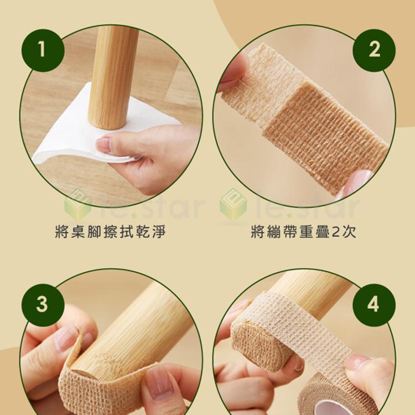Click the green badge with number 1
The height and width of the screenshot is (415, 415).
pos(41,50)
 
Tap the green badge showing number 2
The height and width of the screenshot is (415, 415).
pos(374,50)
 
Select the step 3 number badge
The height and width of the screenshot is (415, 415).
pos(41,305)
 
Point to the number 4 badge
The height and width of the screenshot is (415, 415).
pos(374,305)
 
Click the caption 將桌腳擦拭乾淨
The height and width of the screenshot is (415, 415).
pos(110,231)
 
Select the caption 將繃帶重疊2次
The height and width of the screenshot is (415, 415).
pos(303,231)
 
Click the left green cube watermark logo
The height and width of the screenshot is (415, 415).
pos(77,204)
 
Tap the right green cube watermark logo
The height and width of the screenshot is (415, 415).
pos(233,204)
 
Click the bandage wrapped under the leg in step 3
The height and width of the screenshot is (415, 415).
pos(105,387)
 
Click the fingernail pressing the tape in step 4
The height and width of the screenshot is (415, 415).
pos(357,362)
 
